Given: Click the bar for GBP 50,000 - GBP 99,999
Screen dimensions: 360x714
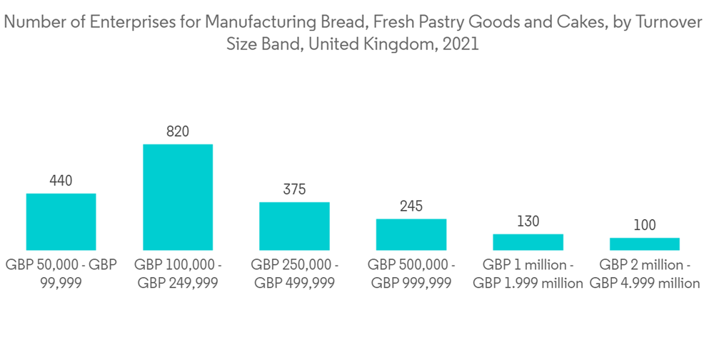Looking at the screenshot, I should coord(61,221).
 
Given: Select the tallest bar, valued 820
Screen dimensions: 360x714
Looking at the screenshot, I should coord(178,197).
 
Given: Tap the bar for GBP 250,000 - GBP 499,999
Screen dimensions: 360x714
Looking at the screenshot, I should coord(294,226).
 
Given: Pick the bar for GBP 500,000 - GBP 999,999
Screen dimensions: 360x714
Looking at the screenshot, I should coord(411,234).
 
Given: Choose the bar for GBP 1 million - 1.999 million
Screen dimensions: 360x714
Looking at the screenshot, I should coord(528,242).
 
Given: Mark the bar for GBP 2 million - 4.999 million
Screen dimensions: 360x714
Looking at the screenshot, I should coord(644,244).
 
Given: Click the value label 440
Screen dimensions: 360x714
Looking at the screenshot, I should coord(61,181).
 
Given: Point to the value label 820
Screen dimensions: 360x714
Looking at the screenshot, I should coord(178,131).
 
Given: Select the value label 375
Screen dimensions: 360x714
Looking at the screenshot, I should coord(294,190).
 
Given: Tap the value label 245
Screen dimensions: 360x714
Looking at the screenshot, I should coord(411,206).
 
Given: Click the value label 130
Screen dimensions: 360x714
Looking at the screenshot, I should coord(528,222).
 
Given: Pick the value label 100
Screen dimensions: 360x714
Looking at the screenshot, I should coord(644,226).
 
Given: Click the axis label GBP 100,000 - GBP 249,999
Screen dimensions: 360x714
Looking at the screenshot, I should coord(178,274).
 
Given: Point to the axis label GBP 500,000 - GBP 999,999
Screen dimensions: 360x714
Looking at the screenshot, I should coord(411,274).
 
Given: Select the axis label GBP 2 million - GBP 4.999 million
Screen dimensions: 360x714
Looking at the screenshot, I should coord(645,274).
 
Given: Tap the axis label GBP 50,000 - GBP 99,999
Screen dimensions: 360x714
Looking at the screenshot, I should coord(61,274).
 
